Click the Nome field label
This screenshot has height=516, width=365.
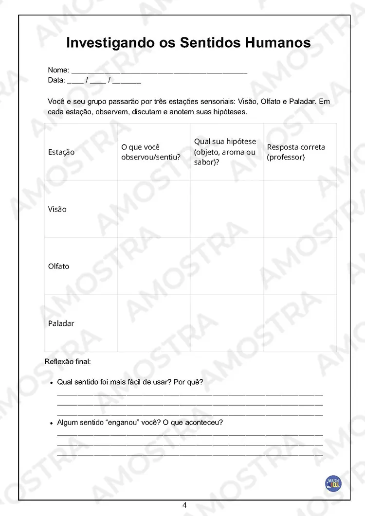[58, 71]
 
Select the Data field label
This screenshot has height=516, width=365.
[56, 80]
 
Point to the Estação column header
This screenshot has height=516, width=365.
[61, 152]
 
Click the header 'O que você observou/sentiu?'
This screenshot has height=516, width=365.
[151, 152]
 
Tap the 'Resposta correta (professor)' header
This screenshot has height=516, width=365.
[296, 152]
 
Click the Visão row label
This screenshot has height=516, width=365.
[57, 209]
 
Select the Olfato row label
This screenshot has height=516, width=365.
[59, 267]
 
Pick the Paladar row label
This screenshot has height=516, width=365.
[61, 323]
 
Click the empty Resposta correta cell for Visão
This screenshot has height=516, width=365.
[300, 209]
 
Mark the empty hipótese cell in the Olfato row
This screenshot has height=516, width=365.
[227, 267]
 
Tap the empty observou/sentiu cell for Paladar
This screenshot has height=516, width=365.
[154, 323]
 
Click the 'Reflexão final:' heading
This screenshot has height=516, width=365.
[68, 362]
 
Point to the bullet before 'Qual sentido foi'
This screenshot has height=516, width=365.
[51, 383]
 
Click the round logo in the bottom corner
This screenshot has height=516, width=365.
[333, 483]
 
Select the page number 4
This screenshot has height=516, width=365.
[184, 505]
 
